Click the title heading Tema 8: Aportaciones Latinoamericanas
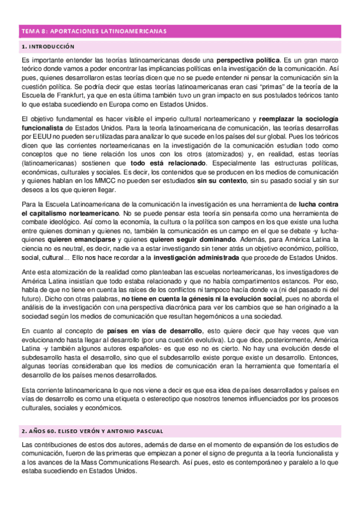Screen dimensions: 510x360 tap(94, 31)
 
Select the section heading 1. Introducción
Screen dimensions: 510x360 tap(47, 46)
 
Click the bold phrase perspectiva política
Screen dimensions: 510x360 tap(248, 61)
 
